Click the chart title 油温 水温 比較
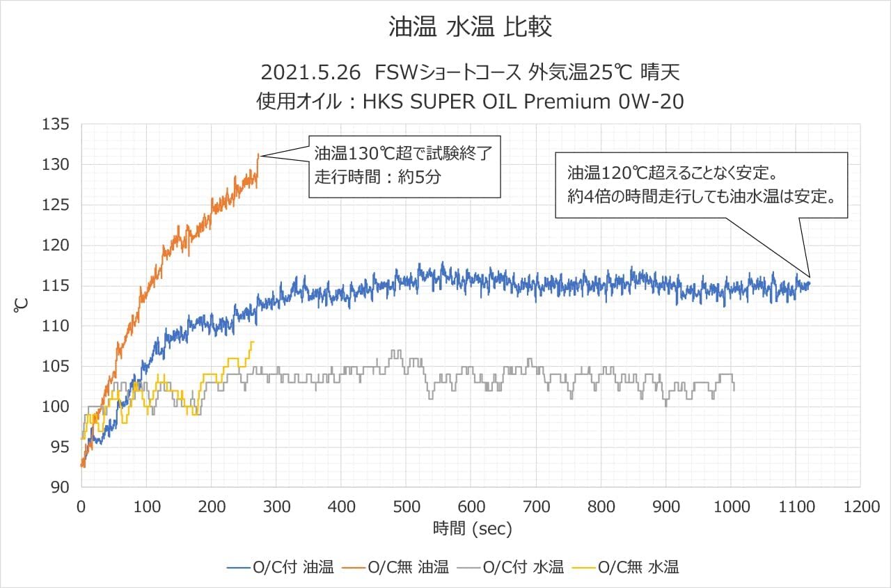pyautogui.click(x=470, y=27)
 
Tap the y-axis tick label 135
pyautogui.click(x=56, y=125)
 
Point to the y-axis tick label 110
pyautogui.click(x=56, y=326)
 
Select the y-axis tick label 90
pyautogui.click(x=61, y=487)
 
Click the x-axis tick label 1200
pyautogui.click(x=860, y=507)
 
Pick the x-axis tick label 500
pyautogui.click(x=406, y=507)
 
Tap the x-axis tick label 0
pyautogui.click(x=81, y=507)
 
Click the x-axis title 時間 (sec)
pyautogui.click(x=472, y=529)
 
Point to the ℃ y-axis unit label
pyautogui.click(x=21, y=305)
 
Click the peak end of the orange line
pyautogui.click(x=258, y=154)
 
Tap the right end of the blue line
pyautogui.click(x=809, y=283)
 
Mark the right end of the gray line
pyautogui.click(x=734, y=390)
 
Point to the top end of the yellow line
pyautogui.click(x=253, y=342)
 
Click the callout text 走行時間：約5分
pyautogui.click(x=377, y=176)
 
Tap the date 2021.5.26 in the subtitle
pyautogui.click(x=312, y=72)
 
